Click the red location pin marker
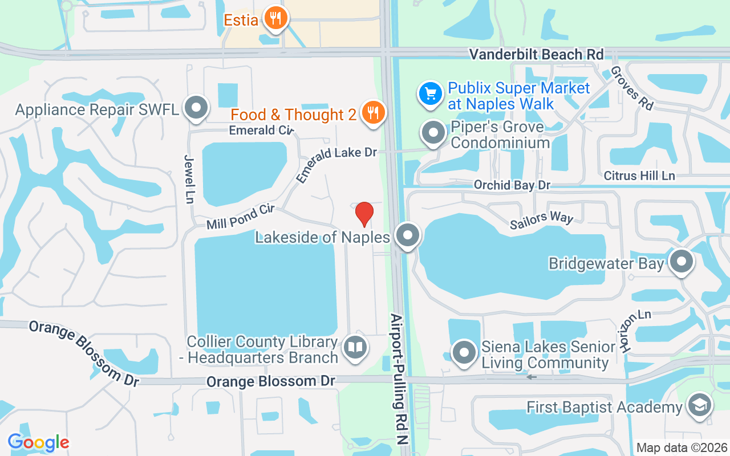364,214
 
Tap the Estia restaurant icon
276,19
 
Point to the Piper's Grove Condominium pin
433,133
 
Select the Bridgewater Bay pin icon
681,262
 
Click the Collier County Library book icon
356,347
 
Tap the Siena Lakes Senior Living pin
464,352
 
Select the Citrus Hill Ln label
639,176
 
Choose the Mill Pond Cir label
241,217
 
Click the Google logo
38,442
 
